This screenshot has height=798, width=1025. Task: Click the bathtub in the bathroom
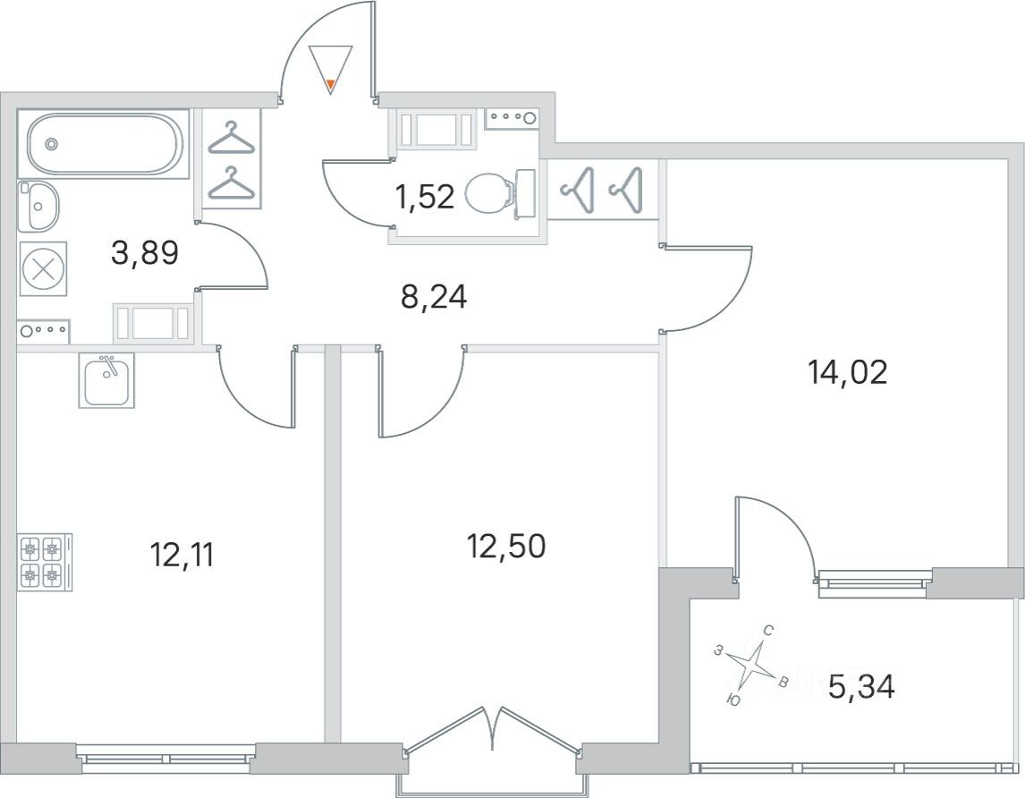coord(105,144)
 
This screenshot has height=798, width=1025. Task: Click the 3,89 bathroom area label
coord(145,254)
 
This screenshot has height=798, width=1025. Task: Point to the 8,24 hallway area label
coord(434,296)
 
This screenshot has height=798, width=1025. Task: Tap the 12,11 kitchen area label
coord(182,556)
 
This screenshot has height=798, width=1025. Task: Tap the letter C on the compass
coord(767,631)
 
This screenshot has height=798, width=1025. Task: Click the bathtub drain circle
coord(51,143)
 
